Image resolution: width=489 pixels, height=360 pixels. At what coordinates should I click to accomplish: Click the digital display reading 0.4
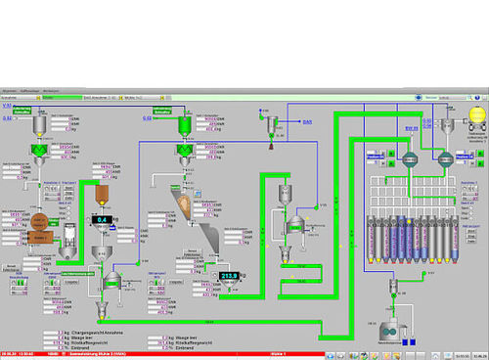coord(103,219)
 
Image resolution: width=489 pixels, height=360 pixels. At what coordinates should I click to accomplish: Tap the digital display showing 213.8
coord(231,276)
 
